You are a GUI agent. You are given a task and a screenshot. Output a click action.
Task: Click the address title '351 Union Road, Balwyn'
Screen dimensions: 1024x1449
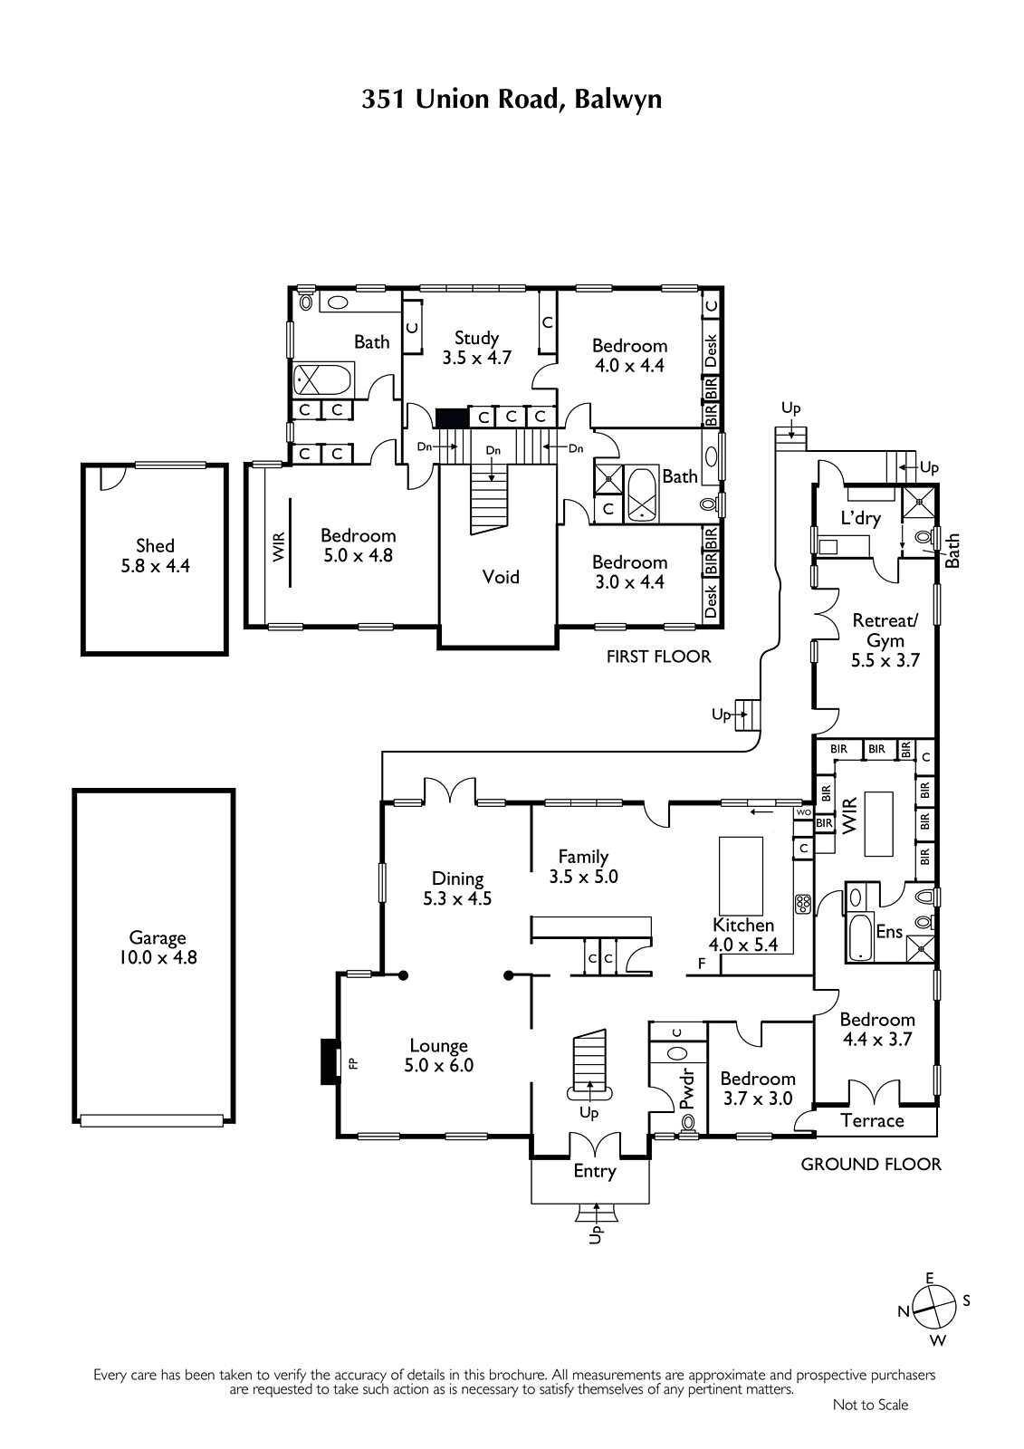point(511,100)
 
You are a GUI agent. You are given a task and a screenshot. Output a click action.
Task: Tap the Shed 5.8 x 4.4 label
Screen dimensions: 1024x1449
point(155,556)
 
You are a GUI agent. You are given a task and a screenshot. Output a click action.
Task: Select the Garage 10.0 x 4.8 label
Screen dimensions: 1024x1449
point(158,947)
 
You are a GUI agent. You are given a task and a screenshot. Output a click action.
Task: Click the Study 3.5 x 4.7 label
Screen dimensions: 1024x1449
point(477,348)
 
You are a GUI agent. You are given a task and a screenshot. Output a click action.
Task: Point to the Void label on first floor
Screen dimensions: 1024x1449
point(501,576)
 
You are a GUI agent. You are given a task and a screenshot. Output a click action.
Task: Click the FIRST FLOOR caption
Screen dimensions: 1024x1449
point(658,657)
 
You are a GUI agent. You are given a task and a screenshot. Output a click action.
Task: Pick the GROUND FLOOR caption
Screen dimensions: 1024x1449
point(871,1165)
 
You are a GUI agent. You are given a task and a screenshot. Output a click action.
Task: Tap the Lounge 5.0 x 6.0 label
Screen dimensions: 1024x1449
point(438,1055)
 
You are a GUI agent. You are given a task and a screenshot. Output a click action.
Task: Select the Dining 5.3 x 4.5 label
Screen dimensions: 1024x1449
point(457,888)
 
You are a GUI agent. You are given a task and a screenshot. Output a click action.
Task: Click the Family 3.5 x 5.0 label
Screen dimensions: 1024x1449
point(583,867)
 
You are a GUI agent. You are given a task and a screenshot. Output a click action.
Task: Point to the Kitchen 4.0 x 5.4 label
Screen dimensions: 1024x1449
point(743,935)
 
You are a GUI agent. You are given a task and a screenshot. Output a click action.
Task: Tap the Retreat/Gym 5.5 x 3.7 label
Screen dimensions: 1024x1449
point(885,640)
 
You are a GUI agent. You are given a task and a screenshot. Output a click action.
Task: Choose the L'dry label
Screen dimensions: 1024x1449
point(861,517)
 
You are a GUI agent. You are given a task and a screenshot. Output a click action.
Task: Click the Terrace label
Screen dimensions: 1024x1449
point(872,1121)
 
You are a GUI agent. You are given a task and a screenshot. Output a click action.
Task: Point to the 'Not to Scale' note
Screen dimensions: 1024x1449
point(870,1405)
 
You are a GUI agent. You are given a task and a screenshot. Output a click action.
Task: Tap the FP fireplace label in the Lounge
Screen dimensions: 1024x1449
point(352,1062)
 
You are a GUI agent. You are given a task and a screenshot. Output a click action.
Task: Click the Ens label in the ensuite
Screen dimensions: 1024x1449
point(889,932)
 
